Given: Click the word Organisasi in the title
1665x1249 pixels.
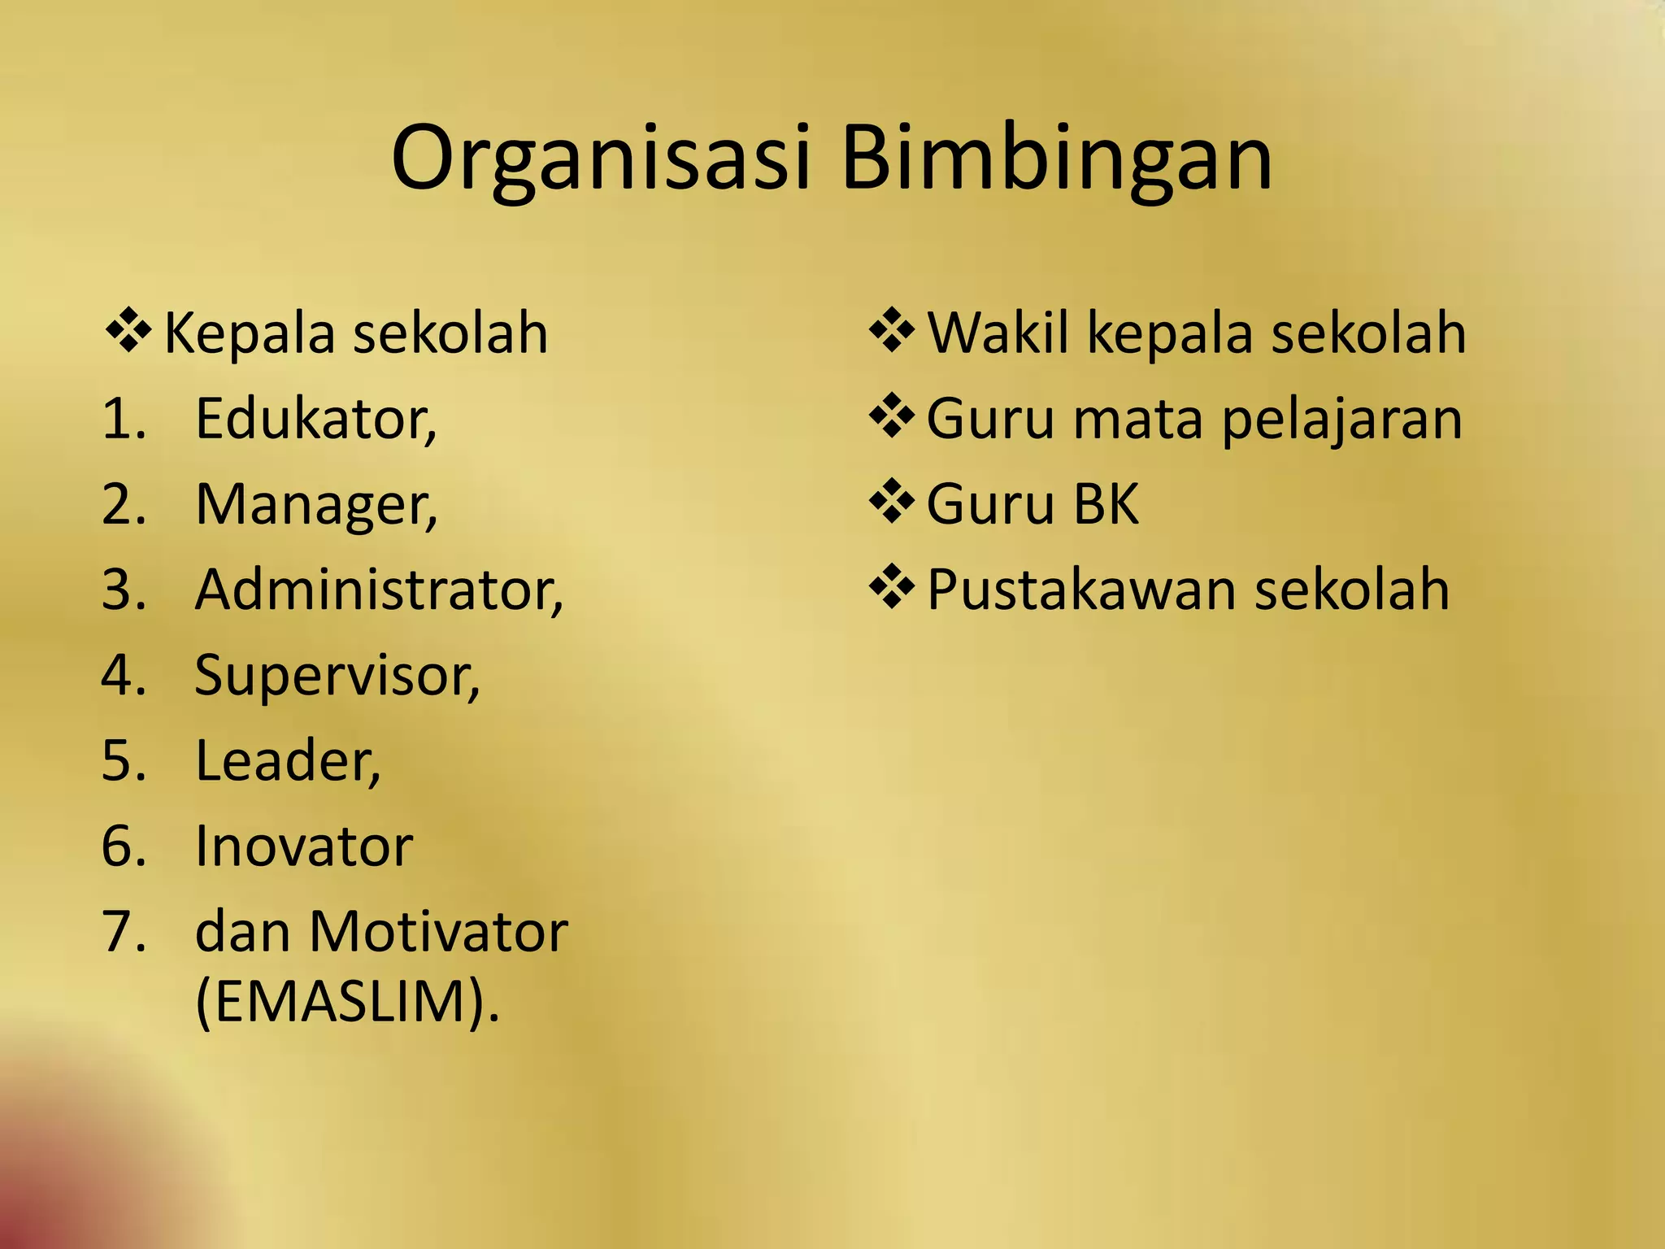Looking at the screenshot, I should click(600, 159).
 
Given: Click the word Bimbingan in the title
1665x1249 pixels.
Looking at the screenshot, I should click(1056, 159).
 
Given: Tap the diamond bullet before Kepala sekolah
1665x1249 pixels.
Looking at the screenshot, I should click(128, 330).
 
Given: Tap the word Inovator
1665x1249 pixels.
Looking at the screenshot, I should click(303, 846).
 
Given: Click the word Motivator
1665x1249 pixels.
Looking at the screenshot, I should click(438, 932).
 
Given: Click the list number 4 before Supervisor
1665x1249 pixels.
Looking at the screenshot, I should click(123, 676).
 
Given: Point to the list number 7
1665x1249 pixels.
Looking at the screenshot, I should click(123, 932).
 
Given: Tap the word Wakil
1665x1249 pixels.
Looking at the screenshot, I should click(998, 333).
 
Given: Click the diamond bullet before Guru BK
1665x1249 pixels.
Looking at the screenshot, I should click(892, 502).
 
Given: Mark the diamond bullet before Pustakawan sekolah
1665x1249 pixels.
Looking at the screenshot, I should click(892, 587).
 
